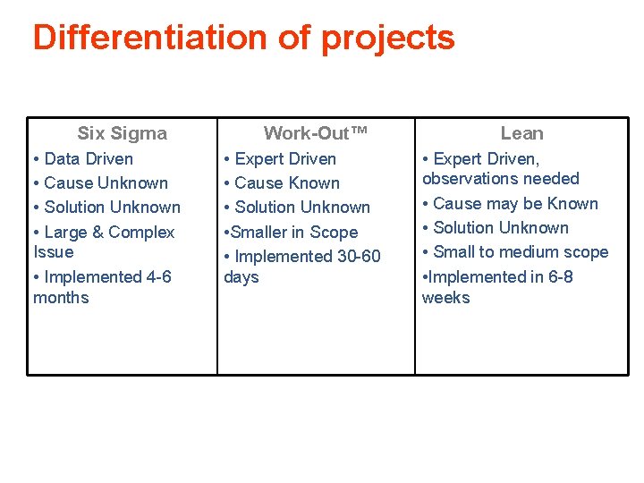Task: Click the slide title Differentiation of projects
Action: [x=243, y=38]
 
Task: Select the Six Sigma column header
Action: [x=122, y=133]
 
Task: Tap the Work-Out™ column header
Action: [x=316, y=133]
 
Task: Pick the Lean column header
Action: [x=521, y=133]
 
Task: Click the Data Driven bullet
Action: [x=83, y=158]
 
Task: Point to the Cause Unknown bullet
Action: [x=100, y=182]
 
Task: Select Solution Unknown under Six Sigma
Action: [x=106, y=207]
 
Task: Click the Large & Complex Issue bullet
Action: [x=103, y=241]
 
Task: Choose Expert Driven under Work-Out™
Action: [x=280, y=158]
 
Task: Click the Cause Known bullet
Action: [x=282, y=182]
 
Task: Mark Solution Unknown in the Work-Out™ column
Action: [x=297, y=207]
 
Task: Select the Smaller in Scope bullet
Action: [x=291, y=232]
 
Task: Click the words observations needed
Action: [x=500, y=178]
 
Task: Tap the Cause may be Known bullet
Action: [x=510, y=203]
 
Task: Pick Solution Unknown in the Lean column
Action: [x=496, y=227]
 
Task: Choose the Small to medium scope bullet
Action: [x=515, y=252]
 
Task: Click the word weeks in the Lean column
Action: [x=445, y=297]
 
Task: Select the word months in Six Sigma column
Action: [x=61, y=297]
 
